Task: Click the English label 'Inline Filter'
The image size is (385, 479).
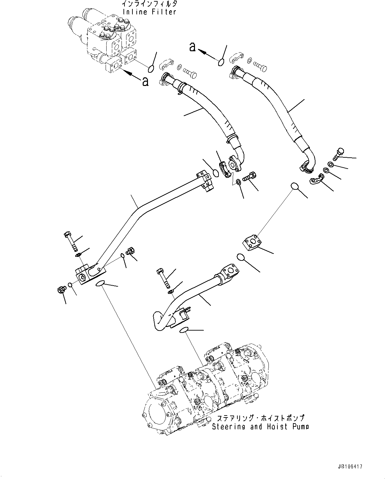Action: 149,12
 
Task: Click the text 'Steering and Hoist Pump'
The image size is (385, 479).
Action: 260,427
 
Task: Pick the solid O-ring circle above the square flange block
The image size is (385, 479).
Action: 295,187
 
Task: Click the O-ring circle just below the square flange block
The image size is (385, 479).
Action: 241,258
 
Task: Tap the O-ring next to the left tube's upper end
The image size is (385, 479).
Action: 215,173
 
